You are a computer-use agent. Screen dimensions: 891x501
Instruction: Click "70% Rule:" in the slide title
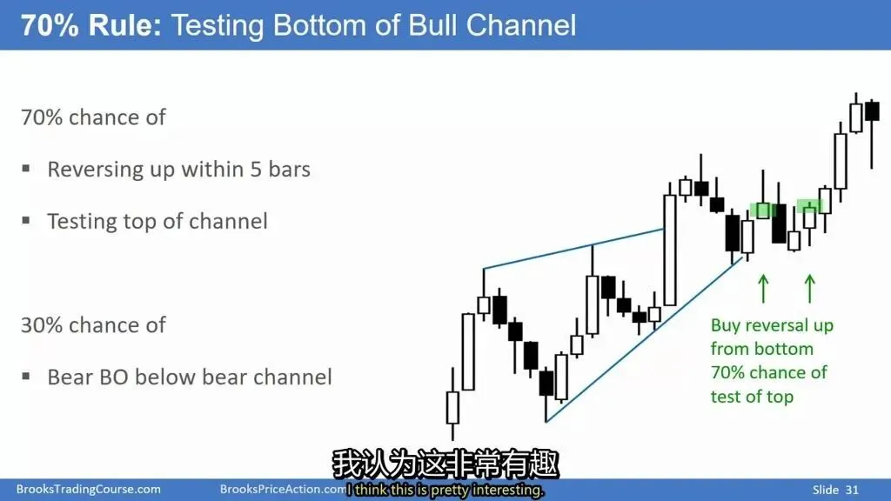[91, 25]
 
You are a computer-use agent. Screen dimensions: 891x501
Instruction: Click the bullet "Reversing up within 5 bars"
[179, 170]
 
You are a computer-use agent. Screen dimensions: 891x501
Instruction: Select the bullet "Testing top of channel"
[157, 221]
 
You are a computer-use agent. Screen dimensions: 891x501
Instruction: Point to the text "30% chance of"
[93, 325]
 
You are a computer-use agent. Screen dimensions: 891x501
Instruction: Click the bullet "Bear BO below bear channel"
[189, 377]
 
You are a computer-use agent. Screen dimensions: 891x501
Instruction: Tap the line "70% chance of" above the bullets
[93, 117]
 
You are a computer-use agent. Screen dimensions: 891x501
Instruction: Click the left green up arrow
[764, 289]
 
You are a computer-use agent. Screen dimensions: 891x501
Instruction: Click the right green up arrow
[810, 289]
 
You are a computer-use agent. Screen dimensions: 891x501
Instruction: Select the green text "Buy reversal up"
[772, 325]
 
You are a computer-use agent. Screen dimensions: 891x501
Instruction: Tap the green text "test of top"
[752, 397]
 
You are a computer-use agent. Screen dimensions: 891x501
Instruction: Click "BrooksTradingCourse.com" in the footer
[88, 489]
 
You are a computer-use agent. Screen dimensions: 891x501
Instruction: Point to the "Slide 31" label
[835, 490]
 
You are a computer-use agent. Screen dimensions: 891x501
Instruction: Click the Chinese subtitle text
[445, 464]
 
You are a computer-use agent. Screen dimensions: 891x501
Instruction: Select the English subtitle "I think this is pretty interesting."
[445, 490]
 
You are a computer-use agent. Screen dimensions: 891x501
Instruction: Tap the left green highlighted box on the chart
[762, 210]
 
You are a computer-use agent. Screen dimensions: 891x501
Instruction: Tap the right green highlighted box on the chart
[809, 205]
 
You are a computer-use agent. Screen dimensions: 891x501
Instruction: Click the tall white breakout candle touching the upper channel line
[670, 250]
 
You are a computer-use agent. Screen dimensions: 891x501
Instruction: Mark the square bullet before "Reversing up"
[25, 169]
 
